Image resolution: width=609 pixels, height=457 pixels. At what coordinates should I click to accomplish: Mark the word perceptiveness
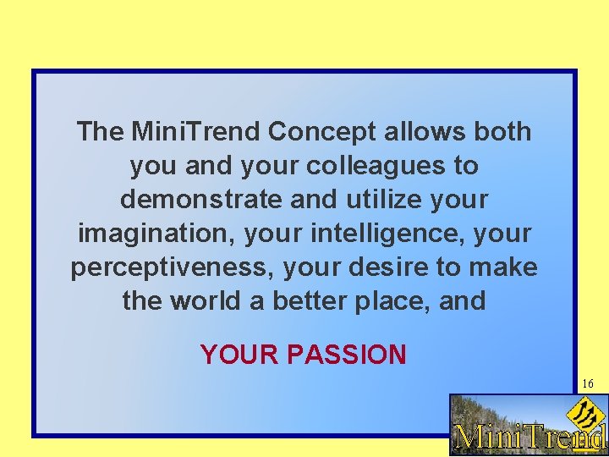(x=173, y=267)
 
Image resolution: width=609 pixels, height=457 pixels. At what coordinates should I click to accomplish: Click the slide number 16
(x=587, y=384)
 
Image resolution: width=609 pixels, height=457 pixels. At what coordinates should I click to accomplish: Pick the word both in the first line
(x=503, y=132)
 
